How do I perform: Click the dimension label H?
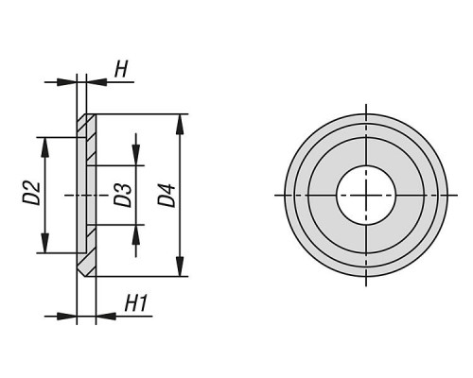[121, 69]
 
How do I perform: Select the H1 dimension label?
[136, 303]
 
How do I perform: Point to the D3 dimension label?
[123, 196]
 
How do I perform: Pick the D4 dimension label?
[166, 196]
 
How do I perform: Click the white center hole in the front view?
[366, 196]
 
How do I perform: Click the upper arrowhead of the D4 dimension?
[180, 125]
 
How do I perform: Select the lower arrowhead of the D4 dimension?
[180, 266]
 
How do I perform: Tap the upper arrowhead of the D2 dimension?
[45, 147]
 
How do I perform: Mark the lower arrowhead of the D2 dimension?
[45, 243]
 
